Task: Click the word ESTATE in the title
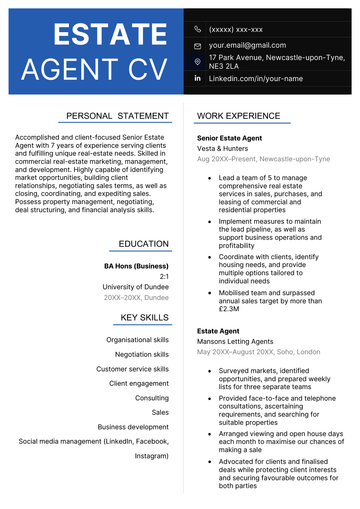(97, 35)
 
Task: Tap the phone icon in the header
(197, 29)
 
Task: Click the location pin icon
(197, 61)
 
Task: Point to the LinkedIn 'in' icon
(197, 78)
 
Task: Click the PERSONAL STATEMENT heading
(117, 116)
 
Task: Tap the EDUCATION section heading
(143, 243)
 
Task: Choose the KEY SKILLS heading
(144, 318)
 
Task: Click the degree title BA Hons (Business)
(136, 266)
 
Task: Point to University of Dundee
(135, 287)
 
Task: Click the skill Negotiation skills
(141, 354)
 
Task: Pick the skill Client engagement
(139, 383)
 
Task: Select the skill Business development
(133, 426)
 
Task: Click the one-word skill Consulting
(152, 397)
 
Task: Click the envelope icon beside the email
(197, 45)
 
